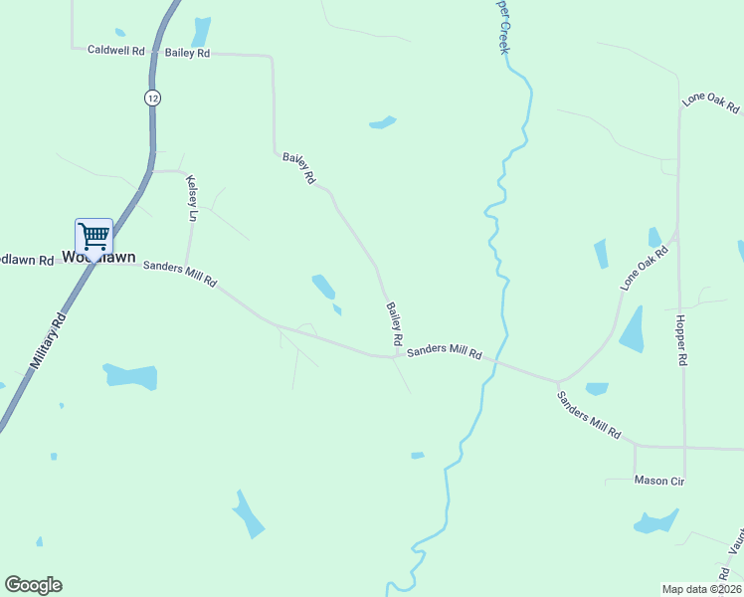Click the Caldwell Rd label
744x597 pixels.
click(x=116, y=49)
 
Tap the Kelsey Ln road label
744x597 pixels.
click(x=192, y=197)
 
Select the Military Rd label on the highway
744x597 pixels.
click(x=47, y=343)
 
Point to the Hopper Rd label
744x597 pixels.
click(x=681, y=341)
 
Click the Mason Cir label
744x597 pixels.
click(x=659, y=481)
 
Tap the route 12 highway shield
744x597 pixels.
click(x=151, y=98)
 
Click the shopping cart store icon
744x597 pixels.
click(x=93, y=237)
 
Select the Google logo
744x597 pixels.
click(x=33, y=585)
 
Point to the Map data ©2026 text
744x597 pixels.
click(x=701, y=589)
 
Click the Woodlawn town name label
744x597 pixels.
click(x=98, y=257)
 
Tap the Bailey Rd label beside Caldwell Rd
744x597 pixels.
click(x=187, y=53)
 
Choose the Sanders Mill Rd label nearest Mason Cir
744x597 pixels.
click(x=588, y=416)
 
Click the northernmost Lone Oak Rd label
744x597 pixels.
click(x=710, y=101)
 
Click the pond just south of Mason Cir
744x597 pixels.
click(x=655, y=520)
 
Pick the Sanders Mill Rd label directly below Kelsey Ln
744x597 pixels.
click(x=179, y=273)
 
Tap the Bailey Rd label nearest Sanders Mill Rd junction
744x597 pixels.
click(x=394, y=324)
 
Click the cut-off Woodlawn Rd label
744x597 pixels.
click(x=26, y=260)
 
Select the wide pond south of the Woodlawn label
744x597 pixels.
click(x=130, y=376)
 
